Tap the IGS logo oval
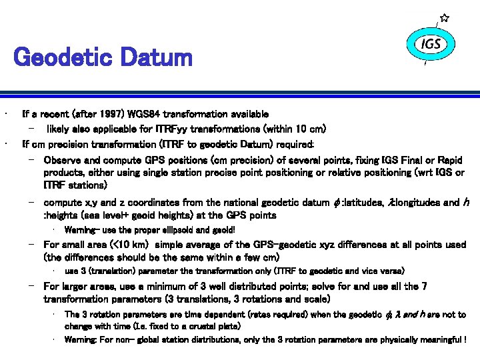[x=431, y=44]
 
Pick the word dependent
[x=213, y=314]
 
